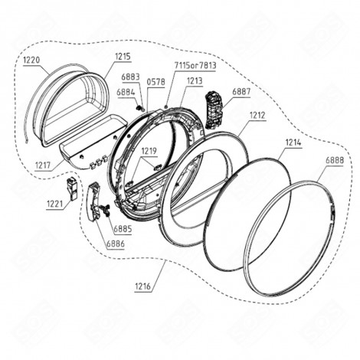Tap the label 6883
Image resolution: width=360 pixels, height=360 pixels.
[130, 77]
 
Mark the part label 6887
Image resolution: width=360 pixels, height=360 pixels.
[241, 91]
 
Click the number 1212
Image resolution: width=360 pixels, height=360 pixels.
[257, 116]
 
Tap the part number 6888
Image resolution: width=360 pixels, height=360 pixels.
[334, 161]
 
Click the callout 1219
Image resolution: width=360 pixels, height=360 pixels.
[148, 151]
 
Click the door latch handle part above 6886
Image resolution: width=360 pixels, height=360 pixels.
[96, 201]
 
